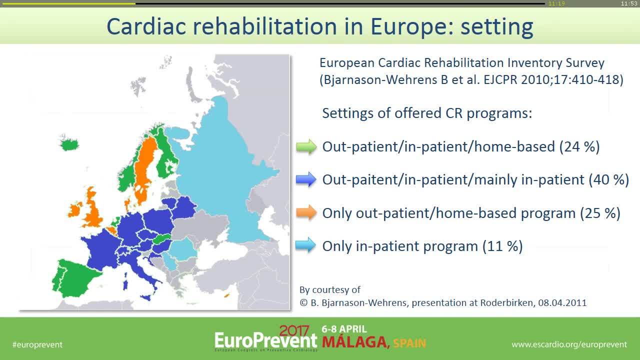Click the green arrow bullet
pos(306,146)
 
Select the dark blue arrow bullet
pos(306,179)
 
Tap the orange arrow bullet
pos(306,212)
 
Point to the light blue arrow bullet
pos(306,245)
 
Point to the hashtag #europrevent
pos(37,344)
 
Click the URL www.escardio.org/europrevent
pos(569,344)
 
